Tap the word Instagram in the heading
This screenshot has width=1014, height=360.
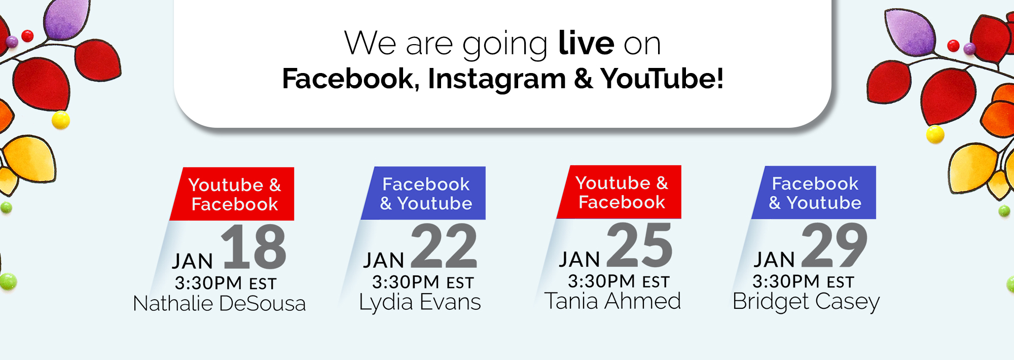click(x=497, y=80)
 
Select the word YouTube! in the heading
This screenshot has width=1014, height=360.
click(x=662, y=79)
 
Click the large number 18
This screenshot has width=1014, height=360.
click(x=254, y=247)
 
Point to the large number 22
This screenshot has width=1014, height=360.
click(x=444, y=246)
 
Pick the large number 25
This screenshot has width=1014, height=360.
click(x=640, y=245)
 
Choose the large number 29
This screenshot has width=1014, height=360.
click(x=835, y=245)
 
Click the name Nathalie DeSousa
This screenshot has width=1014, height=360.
click(x=220, y=303)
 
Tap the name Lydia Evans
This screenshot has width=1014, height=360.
click(x=420, y=303)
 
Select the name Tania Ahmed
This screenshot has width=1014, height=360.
click(x=612, y=301)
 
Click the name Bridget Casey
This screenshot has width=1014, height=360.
click(x=806, y=302)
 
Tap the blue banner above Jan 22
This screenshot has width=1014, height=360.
click(x=423, y=193)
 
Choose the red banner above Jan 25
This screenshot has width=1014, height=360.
click(x=619, y=192)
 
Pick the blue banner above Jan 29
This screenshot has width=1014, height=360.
click(x=814, y=193)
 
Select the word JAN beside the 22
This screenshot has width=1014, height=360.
click(x=384, y=261)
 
